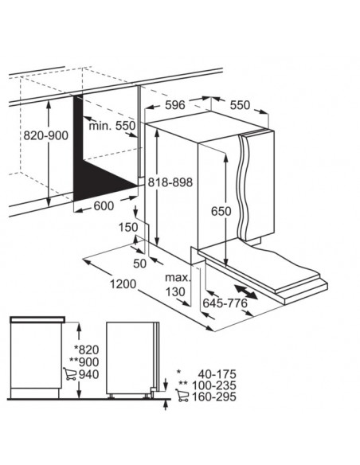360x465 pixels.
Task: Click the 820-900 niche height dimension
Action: [45, 135]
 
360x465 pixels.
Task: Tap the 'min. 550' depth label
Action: [112, 126]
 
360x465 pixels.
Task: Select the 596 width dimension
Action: [175, 104]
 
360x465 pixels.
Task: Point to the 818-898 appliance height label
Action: [170, 182]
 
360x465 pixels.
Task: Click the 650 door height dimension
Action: [221, 211]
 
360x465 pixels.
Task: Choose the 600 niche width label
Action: [104, 205]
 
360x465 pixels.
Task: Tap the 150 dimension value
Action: [128, 228]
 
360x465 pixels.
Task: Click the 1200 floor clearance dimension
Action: [123, 284]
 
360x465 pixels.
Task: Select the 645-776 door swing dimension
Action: [225, 303]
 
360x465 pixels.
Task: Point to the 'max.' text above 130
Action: [177, 278]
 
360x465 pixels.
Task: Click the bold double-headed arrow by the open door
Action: [246, 292]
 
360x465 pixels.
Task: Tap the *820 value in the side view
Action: [86, 350]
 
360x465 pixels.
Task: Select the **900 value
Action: [84, 362]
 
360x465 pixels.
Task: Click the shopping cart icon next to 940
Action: [69, 374]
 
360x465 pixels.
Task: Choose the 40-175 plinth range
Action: [217, 374]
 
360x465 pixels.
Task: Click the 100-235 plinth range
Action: [214, 385]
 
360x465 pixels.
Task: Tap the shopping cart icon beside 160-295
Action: [182, 396]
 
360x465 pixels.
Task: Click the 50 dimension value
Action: [140, 264]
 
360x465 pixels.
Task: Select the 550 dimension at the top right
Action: [240, 105]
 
